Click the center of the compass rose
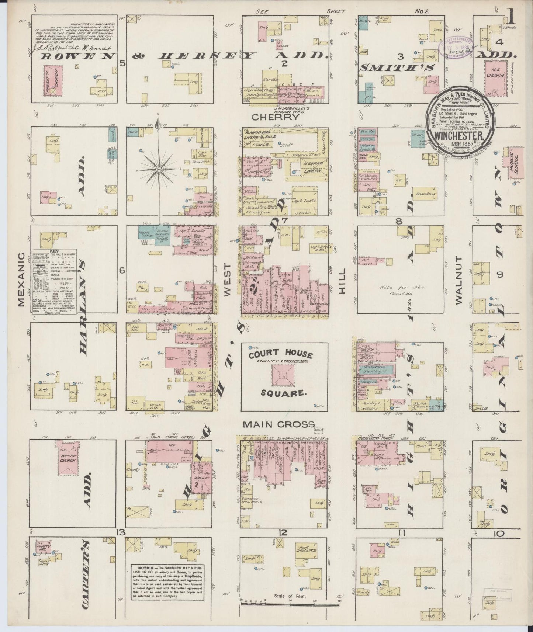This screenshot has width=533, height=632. click(x=159, y=169)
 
